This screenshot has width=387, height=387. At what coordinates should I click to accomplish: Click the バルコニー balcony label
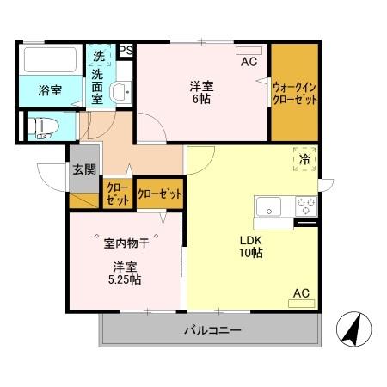(x=211, y=330)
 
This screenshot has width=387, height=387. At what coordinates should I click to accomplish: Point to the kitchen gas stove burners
(x=305, y=206)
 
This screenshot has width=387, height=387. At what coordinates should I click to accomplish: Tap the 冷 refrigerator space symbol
(x=304, y=158)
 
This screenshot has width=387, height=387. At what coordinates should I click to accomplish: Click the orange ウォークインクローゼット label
(x=294, y=93)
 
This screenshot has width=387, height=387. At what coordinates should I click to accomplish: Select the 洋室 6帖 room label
(x=204, y=92)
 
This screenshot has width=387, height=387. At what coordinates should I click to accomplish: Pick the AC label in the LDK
(x=300, y=293)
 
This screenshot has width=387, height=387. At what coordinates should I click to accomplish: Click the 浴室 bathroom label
(x=49, y=89)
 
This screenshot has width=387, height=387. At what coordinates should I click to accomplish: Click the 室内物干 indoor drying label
(x=127, y=243)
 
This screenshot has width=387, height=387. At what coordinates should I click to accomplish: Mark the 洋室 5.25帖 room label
(x=126, y=273)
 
